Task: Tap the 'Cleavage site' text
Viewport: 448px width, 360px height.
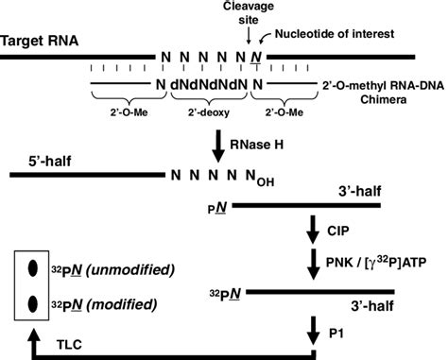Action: [x=248, y=11]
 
